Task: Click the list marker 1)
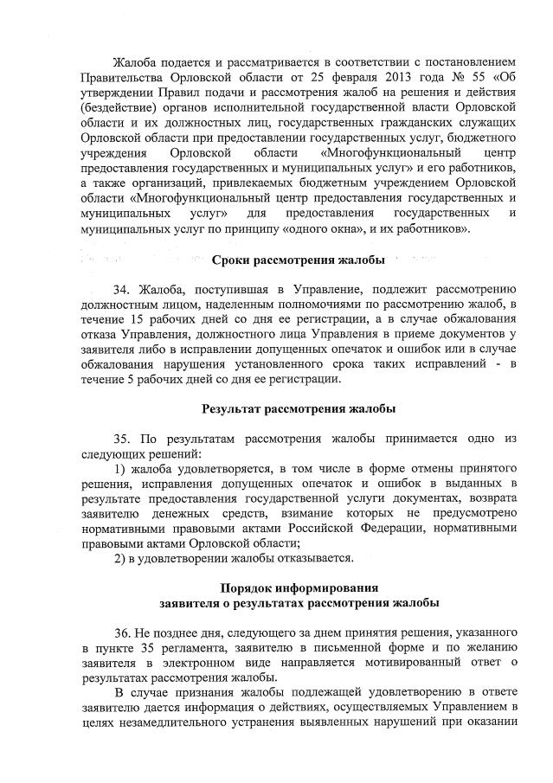point(121,468)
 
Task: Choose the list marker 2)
point(121,557)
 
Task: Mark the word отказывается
point(312,557)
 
